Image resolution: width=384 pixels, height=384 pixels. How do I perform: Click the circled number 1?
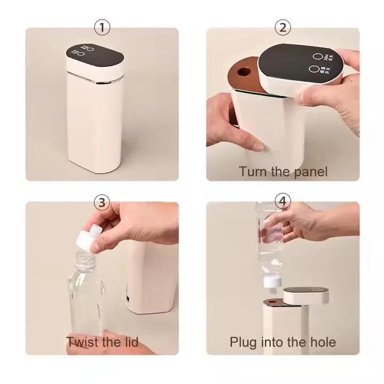click(x=102, y=27)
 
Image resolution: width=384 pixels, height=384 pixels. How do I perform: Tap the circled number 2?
click(x=283, y=27)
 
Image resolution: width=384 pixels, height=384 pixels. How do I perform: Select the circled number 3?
click(x=102, y=202)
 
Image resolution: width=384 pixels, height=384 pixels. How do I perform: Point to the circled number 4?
click(x=283, y=202)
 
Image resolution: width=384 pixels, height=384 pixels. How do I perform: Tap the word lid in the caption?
click(x=129, y=341)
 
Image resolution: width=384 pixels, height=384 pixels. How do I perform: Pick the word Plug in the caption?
click(x=243, y=341)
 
